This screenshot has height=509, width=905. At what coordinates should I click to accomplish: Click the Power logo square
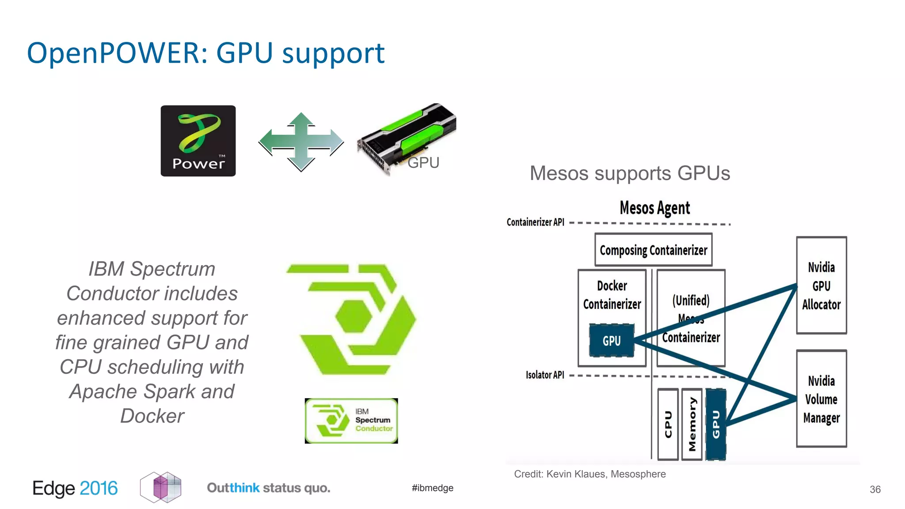(x=198, y=141)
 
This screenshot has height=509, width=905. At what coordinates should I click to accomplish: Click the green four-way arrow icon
(x=301, y=142)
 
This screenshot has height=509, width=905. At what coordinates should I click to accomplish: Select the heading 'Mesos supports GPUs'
(x=630, y=173)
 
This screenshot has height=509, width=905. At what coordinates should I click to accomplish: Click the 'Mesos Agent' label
(x=654, y=208)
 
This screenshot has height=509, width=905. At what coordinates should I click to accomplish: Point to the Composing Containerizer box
(x=653, y=250)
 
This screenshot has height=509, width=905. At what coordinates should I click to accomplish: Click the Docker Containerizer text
(x=612, y=295)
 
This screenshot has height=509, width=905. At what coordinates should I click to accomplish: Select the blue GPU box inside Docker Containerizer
(x=612, y=341)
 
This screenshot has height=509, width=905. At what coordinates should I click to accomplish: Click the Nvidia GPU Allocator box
(x=821, y=285)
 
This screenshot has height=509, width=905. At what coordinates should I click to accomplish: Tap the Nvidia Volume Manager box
(x=821, y=399)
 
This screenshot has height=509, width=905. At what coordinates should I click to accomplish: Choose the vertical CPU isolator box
(x=668, y=425)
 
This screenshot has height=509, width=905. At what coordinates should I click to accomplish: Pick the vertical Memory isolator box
(x=692, y=425)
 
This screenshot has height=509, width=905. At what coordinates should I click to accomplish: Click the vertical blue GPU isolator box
(x=716, y=425)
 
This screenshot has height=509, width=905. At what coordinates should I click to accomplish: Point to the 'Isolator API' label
(x=544, y=375)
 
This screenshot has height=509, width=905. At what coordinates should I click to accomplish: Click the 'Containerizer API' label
(x=535, y=222)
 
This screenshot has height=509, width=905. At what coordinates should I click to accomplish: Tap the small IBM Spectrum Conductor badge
(x=351, y=421)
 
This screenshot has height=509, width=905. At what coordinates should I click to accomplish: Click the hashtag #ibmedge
(x=432, y=488)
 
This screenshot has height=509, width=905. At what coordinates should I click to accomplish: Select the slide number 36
(x=875, y=490)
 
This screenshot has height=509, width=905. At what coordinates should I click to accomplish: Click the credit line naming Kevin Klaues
(x=589, y=474)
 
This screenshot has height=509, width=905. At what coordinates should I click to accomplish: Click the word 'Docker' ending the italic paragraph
(x=152, y=416)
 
